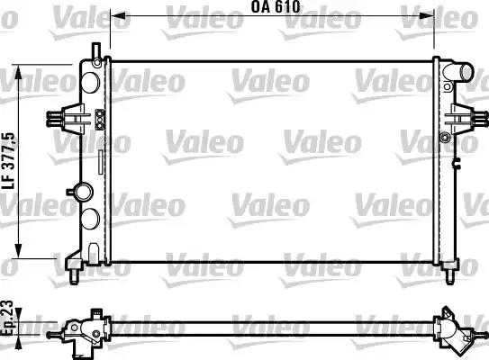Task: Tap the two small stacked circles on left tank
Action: point(99,116)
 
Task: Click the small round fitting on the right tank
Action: point(445,138)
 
